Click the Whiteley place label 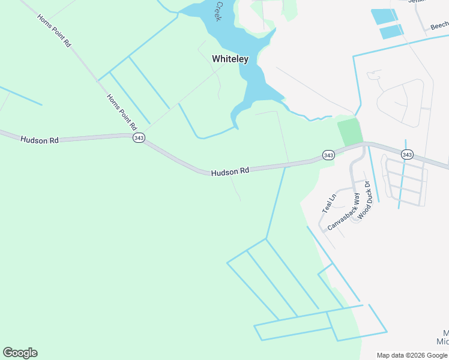(230, 59)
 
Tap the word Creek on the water (219, 10)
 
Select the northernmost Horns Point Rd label (54, 31)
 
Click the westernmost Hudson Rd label (40, 140)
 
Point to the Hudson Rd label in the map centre (230, 172)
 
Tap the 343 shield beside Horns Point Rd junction (138, 137)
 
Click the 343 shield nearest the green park (328, 155)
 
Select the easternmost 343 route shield (407, 155)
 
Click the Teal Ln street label (330, 203)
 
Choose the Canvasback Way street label (343, 212)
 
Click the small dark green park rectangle (350, 131)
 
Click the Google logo (20, 353)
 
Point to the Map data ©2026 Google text (412, 355)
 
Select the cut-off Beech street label (439, 25)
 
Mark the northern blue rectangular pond (383, 16)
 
